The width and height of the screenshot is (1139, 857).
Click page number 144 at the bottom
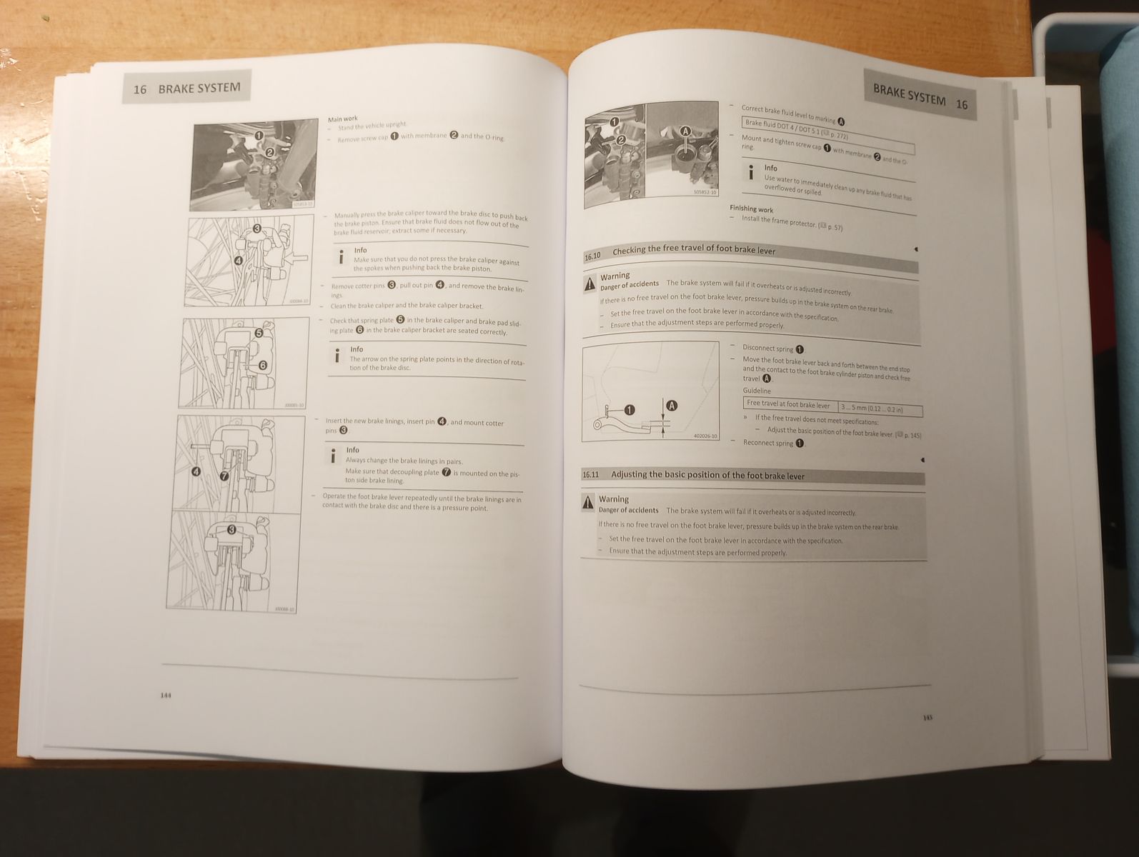166,695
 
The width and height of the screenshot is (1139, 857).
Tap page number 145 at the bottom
927,718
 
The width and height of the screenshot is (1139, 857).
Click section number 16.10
593,255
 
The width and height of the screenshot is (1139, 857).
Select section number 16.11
591,474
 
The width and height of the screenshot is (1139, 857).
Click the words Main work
342,119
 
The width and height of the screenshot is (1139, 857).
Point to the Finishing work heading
751,209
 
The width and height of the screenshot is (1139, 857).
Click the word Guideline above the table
757,391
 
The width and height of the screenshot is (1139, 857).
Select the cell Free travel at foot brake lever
788,404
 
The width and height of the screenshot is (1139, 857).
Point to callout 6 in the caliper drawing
262,365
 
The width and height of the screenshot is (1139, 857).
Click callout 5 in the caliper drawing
259,333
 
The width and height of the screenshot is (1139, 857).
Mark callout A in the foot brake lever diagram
671,406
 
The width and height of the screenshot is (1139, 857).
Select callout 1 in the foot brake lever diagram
629,410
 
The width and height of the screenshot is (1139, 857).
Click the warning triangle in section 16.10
590,284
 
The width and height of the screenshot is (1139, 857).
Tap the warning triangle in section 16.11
587,501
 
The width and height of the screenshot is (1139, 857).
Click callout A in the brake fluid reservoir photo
686,131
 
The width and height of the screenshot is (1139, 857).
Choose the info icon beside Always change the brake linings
332,456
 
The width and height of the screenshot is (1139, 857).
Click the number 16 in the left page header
140,89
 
